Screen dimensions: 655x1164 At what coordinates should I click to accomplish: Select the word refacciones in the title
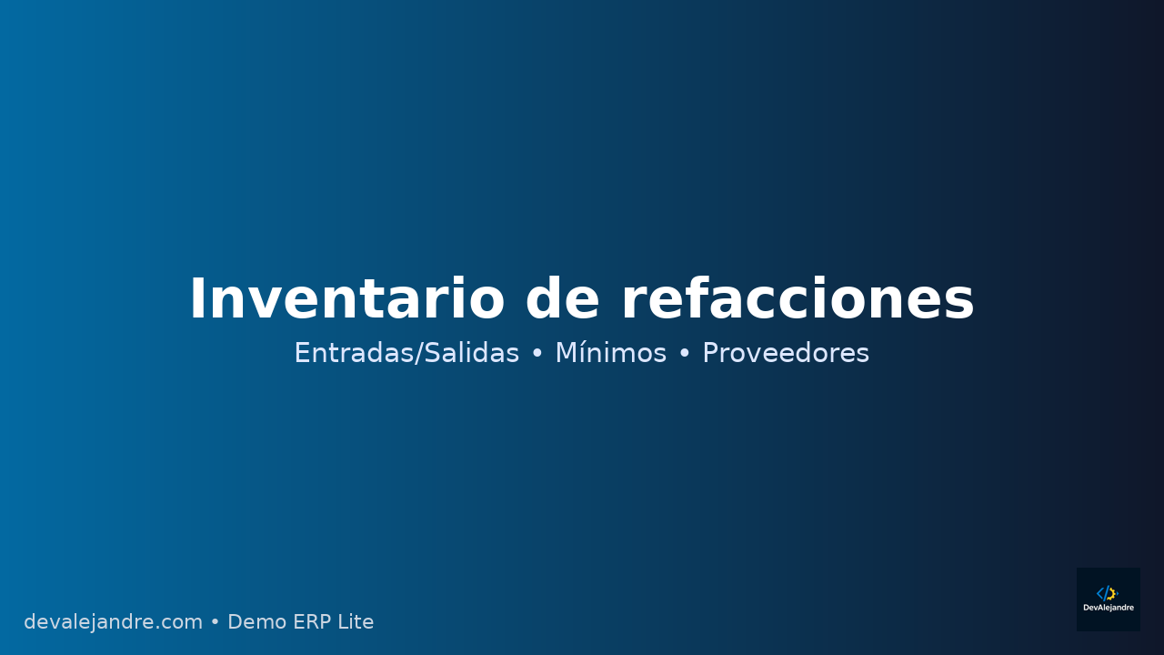coord(798,300)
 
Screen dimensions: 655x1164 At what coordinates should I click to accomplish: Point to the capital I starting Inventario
coord(197,300)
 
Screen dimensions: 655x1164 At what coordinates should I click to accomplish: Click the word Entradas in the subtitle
coord(350,353)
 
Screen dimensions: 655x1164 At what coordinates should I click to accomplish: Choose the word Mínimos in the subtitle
coord(610,353)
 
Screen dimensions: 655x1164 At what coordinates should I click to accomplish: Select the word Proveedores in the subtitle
coord(786,353)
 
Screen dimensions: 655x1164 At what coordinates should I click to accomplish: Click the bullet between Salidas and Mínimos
coord(537,354)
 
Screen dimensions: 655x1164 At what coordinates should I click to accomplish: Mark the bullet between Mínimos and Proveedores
coord(685,354)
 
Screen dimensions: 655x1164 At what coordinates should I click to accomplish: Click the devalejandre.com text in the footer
coord(113,622)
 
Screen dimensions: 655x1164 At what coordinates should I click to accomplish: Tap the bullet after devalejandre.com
coord(215,623)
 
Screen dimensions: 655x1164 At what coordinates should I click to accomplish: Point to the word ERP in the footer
coord(310,622)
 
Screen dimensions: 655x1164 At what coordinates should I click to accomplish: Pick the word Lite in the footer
coord(356,622)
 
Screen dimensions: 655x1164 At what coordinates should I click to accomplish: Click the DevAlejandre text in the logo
coord(1109,608)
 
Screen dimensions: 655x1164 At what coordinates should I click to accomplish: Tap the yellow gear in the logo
coord(1112,593)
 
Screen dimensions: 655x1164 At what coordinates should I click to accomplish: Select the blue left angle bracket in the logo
coord(1099,593)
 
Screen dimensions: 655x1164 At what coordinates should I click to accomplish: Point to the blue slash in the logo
coord(1106,593)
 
